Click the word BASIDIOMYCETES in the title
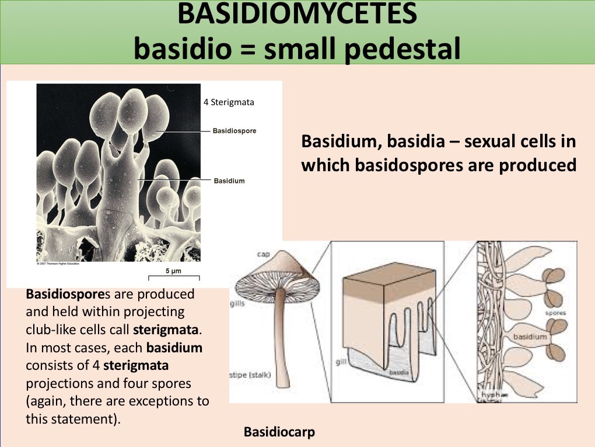(297, 15)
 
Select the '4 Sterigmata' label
(229, 102)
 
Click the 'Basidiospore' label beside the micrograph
(235, 131)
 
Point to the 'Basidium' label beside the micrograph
(229, 181)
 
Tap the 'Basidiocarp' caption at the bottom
(280, 432)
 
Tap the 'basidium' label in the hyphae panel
(530, 337)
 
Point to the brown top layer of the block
(390, 286)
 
